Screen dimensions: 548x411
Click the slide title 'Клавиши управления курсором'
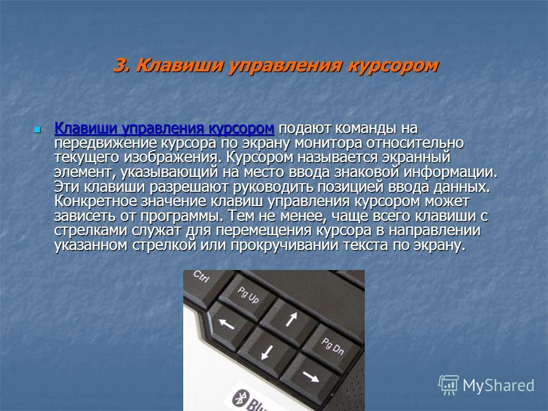click(x=287, y=65)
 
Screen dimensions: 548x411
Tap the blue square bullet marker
click(x=38, y=130)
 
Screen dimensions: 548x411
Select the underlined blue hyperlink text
click(x=164, y=128)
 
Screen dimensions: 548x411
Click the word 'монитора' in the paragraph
click(x=329, y=143)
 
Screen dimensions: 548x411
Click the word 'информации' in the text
click(x=450, y=172)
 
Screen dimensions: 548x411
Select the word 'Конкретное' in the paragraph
click(x=96, y=202)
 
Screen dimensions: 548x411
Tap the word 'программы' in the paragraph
click(x=182, y=216)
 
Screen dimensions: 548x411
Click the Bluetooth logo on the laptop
click(x=240, y=398)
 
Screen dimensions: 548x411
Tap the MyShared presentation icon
click(x=449, y=385)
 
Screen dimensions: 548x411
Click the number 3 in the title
click(x=121, y=65)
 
